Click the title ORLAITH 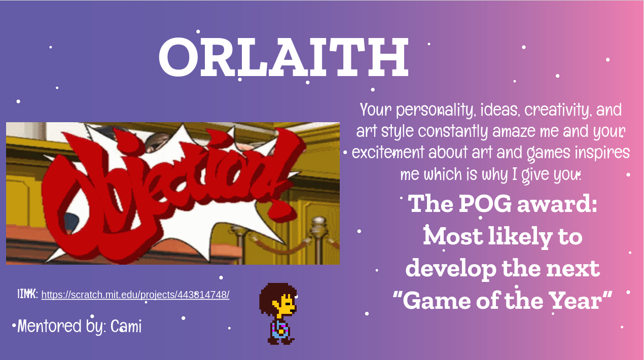pos(283,57)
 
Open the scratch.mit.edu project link pos(135,295)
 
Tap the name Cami pos(126,326)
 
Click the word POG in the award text pos(485,204)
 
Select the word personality pos(435,110)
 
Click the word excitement pos(388,152)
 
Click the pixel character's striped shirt pos(279,330)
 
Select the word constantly pos(453,131)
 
